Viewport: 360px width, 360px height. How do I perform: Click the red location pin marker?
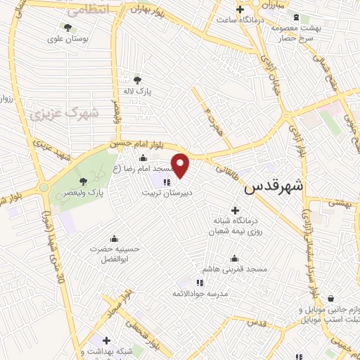click(181, 166)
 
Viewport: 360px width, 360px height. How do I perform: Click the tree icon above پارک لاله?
click(136, 79)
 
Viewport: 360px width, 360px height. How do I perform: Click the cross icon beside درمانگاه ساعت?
click(240, 9)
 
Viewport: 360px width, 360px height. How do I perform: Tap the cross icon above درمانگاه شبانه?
click(235, 210)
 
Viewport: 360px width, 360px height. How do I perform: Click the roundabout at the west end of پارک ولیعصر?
click(44, 188)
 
